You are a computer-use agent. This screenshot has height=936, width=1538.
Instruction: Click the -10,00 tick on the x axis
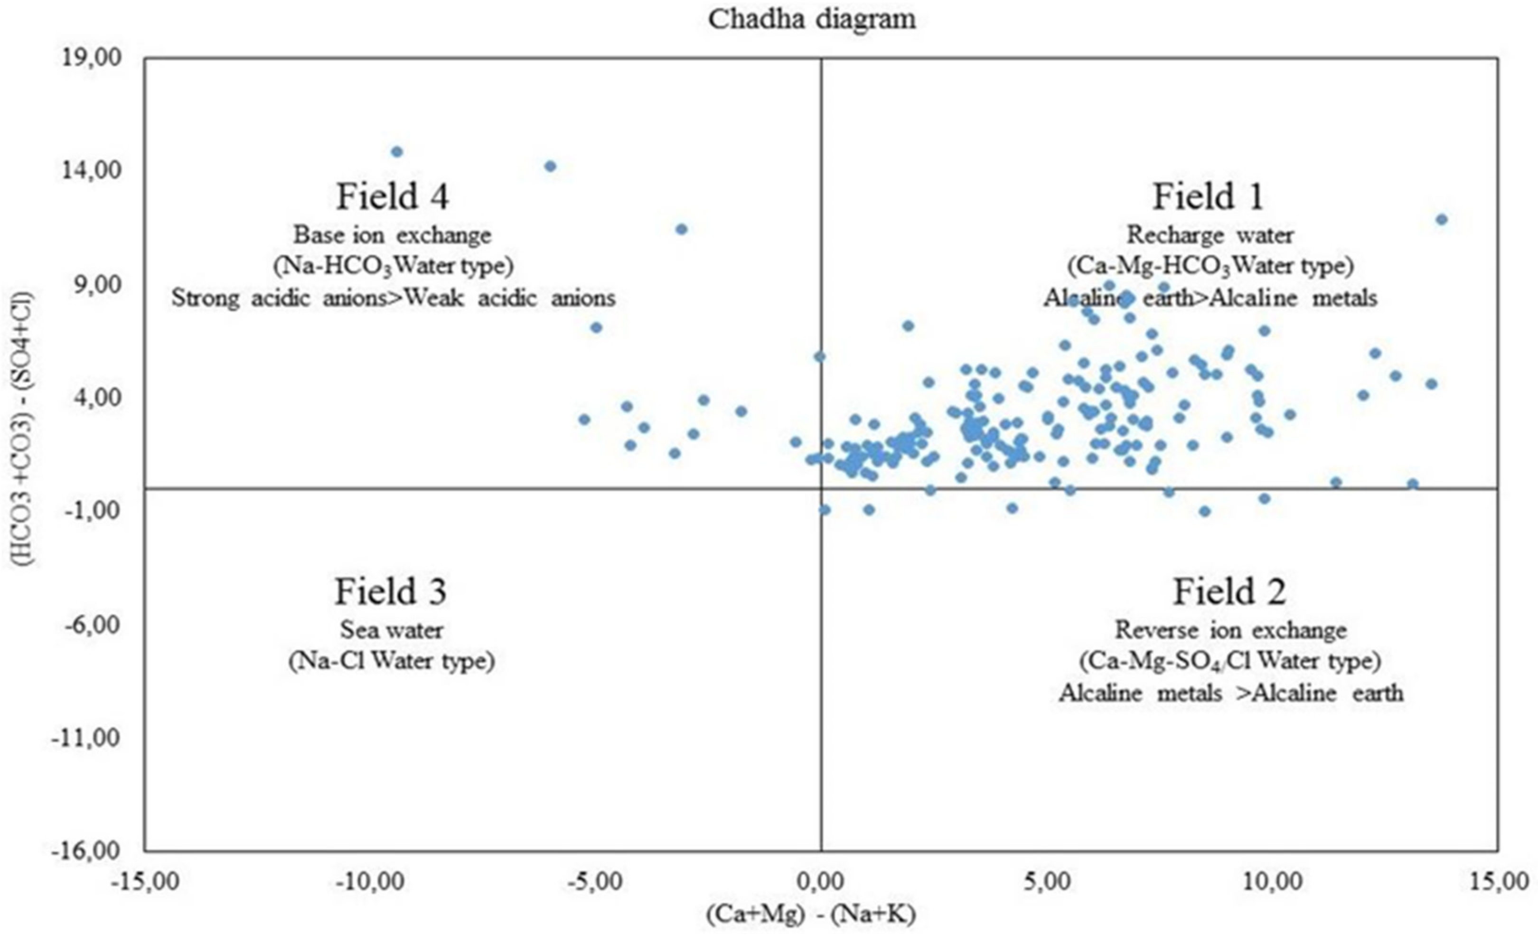tap(365, 882)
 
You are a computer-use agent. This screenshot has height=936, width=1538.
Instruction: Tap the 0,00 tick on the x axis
tap(821, 882)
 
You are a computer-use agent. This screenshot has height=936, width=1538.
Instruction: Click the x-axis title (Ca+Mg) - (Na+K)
tap(811, 914)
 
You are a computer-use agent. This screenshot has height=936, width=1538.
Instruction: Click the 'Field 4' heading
tap(393, 197)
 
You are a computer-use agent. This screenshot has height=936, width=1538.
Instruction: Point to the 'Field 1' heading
tap(1208, 197)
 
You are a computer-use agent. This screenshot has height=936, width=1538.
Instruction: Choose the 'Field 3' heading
tap(391, 591)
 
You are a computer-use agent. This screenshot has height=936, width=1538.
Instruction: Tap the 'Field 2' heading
tap(1229, 591)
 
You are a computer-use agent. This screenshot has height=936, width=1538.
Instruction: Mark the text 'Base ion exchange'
tap(393, 235)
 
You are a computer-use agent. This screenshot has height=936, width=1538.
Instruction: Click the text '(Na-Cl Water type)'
tap(391, 661)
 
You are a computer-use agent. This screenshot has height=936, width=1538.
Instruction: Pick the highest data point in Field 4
tap(396, 151)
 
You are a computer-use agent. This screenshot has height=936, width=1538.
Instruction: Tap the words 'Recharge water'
tap(1210, 235)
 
